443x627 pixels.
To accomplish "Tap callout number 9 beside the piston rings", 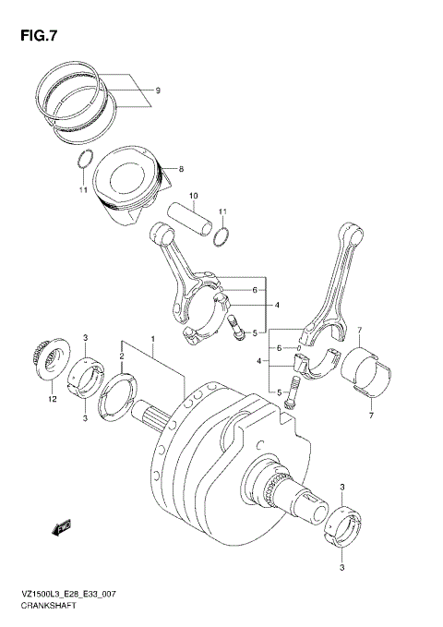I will click(158, 90).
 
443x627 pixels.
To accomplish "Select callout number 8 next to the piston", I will click(182, 169).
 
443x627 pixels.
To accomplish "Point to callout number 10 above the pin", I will click(194, 196).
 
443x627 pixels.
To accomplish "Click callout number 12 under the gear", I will click(53, 399).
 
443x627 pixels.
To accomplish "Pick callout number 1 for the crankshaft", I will click(154, 339).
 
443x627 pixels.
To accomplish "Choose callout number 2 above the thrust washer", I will click(121, 354).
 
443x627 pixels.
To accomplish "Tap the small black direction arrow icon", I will click(63, 528).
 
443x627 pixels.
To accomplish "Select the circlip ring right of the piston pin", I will click(221, 238).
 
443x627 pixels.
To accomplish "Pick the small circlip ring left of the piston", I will click(84, 158).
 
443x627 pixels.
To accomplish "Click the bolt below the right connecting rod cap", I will click(292, 395).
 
